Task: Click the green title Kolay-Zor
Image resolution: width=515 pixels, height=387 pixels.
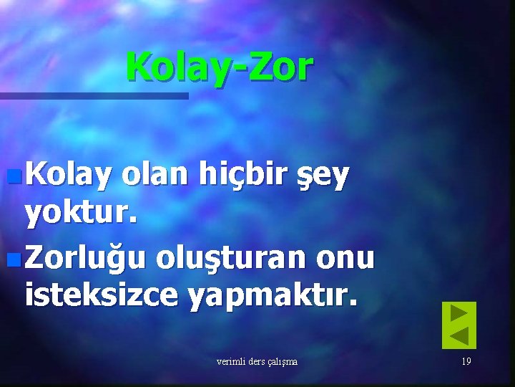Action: click(x=220, y=67)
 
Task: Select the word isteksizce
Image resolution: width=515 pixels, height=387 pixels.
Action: click(x=100, y=294)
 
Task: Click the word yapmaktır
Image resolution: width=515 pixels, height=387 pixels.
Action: click(x=272, y=294)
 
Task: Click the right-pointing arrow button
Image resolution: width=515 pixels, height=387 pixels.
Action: click(x=458, y=313)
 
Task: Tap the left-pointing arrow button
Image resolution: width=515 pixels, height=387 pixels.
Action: click(x=458, y=336)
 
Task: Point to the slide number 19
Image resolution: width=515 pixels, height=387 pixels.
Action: click(x=466, y=361)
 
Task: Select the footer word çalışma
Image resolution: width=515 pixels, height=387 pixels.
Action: click(x=281, y=362)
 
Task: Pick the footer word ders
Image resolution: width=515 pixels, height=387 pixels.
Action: click(x=255, y=361)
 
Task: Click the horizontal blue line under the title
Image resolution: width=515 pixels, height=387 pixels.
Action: click(x=94, y=95)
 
